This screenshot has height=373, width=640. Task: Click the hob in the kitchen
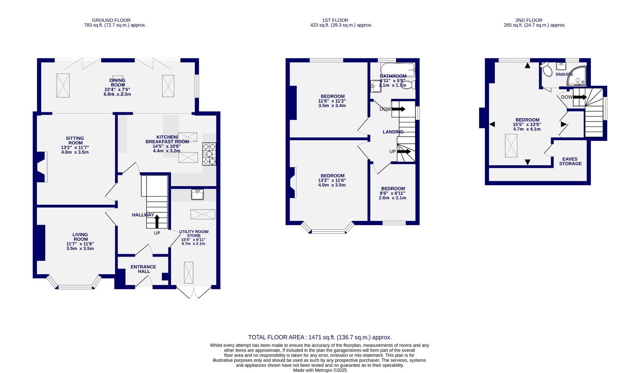pyautogui.click(x=209, y=154)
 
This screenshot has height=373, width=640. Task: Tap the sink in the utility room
pyautogui.click(x=197, y=194)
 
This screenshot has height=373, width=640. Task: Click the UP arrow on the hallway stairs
pyautogui.click(x=157, y=221)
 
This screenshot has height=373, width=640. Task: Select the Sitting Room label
pyautogui.click(x=75, y=141)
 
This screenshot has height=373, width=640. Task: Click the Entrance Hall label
pyautogui.click(x=143, y=269)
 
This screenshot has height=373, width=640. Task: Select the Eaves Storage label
pyautogui.click(x=570, y=161)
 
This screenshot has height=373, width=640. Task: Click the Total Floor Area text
pyautogui.click(x=320, y=337)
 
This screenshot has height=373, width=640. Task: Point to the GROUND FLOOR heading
pyautogui.click(x=111, y=20)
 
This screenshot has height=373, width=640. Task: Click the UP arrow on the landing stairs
pyautogui.click(x=404, y=151)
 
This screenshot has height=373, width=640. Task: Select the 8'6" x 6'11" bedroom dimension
pyautogui.click(x=393, y=193)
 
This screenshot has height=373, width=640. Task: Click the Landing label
pyautogui.click(x=393, y=132)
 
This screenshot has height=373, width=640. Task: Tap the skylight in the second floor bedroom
pyautogui.click(x=511, y=145)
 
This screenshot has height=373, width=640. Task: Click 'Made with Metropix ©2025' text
pyautogui.click(x=320, y=370)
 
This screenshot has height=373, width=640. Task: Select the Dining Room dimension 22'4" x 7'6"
pyautogui.click(x=117, y=89)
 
